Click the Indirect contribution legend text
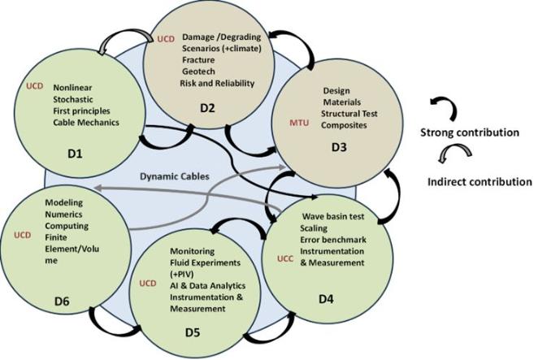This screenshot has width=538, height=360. point(479,182)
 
